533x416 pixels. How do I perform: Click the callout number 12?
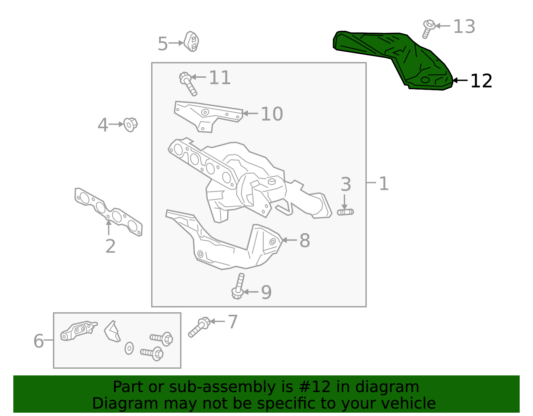point(481,81)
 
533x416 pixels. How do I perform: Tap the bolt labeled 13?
point(428,28)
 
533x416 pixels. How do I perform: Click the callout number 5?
point(163,44)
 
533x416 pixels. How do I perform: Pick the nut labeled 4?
point(130,124)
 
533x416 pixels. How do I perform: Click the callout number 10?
point(271,114)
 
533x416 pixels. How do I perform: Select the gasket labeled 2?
point(108,212)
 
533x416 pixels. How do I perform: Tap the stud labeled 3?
point(345,212)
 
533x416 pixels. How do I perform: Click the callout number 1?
point(384,184)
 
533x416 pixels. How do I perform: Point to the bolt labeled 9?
point(238,286)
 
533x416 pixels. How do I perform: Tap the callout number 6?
point(38,341)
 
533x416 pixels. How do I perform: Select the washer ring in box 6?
point(129,348)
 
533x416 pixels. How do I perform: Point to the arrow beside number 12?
point(460,80)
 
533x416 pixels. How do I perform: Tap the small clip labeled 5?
point(192,42)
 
